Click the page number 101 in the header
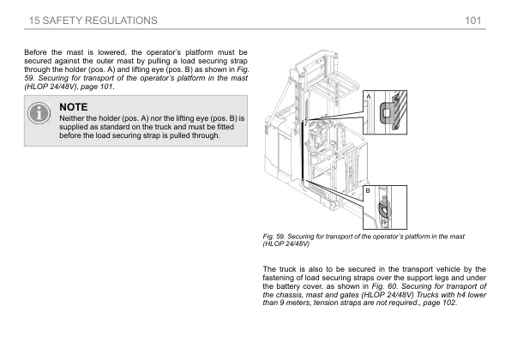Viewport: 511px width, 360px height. [x=473, y=21]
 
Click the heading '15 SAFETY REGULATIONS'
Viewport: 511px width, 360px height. [x=93, y=21]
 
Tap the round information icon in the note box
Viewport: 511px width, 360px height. [x=39, y=113]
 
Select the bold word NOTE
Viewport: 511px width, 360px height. [x=74, y=107]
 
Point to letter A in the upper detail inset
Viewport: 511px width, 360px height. [x=369, y=97]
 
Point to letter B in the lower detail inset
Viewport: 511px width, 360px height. [x=368, y=190]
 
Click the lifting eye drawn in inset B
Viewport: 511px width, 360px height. [x=383, y=207]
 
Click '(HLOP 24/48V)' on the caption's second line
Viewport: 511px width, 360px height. [x=286, y=243]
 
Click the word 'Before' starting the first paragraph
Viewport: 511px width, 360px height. [x=35, y=52]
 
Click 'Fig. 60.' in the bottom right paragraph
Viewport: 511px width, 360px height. [x=385, y=286]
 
